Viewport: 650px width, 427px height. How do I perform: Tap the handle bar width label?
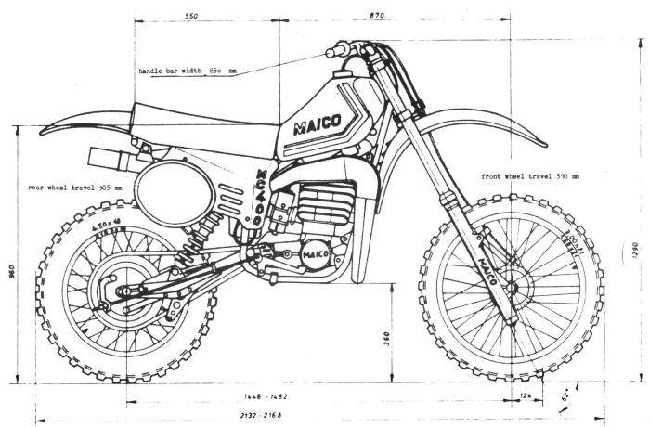click(188, 71)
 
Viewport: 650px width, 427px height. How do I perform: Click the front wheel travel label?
click(528, 175)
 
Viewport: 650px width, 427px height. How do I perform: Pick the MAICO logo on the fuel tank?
click(317, 124)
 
